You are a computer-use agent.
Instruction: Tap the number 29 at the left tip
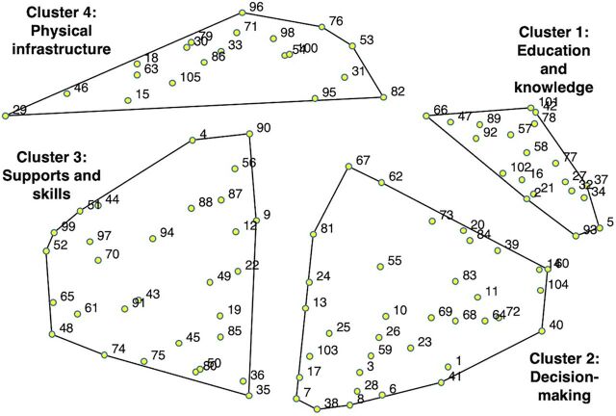tap(19, 111)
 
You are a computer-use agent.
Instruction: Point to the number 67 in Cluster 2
tap(362, 160)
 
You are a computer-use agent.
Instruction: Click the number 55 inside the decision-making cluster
tap(394, 261)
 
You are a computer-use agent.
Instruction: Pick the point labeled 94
tap(152, 238)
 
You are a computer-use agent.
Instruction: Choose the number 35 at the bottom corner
tap(263, 390)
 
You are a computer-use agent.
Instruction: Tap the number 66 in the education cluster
tap(441, 110)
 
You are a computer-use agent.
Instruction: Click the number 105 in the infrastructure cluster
tap(190, 77)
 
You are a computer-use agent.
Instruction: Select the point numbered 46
tap(66, 93)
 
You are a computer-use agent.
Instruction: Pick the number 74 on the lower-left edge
tap(118, 349)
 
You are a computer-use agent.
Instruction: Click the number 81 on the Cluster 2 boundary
tap(326, 228)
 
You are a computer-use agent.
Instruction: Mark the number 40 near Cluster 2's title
tap(556, 325)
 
